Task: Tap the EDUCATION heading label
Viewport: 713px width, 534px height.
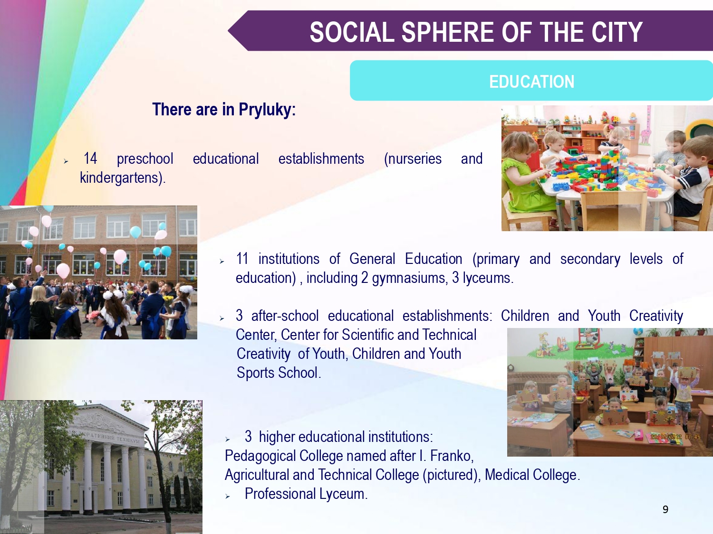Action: point(532,82)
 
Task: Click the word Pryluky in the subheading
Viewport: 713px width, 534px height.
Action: point(267,110)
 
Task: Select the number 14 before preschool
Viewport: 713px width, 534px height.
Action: point(90,159)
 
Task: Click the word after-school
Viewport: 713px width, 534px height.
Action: point(285,316)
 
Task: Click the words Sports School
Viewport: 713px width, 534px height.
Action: point(279,373)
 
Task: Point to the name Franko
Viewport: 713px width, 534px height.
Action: point(452,456)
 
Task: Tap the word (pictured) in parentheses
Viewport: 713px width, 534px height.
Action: point(452,475)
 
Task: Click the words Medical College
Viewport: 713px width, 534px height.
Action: point(532,475)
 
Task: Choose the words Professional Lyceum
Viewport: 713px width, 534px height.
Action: point(306,494)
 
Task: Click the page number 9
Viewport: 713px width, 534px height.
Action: point(665,510)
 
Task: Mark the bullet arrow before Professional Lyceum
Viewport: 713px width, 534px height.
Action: point(227,497)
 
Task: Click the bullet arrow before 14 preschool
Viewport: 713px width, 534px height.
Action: point(66,161)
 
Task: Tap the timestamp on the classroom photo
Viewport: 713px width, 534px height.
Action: point(675,437)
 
